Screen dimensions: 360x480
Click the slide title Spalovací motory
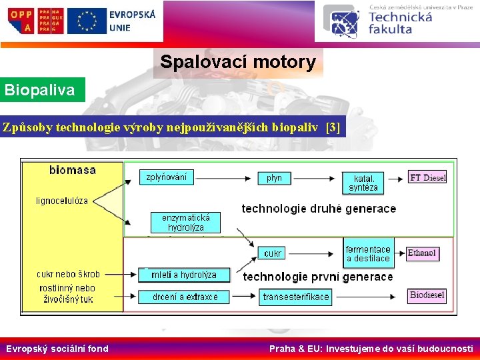pyautogui.click(x=238, y=63)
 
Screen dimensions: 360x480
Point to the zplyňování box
pyautogui.click(x=167, y=177)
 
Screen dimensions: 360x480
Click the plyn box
pyautogui.click(x=274, y=178)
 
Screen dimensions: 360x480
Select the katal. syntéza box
pyautogui.click(x=363, y=183)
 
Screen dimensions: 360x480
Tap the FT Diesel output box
pyautogui.click(x=427, y=177)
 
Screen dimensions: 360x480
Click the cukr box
pyautogui.click(x=273, y=253)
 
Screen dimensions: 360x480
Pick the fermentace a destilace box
pyautogui.click(x=368, y=253)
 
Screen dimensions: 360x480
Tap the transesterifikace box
pyautogui.click(x=296, y=297)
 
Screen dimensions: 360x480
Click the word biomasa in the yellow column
pyautogui.click(x=73, y=170)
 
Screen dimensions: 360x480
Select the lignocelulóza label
pyautogui.click(x=62, y=201)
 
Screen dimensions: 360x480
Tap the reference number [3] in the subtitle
pyautogui.click(x=333, y=128)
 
